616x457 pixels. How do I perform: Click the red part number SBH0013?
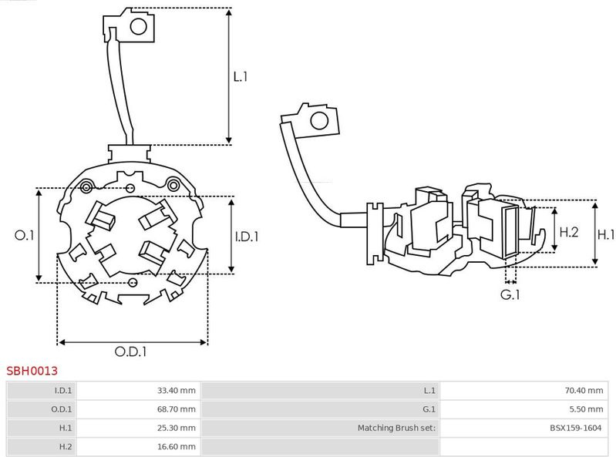[x=32, y=371]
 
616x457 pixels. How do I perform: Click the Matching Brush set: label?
[x=396, y=428]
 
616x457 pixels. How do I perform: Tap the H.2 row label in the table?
[x=66, y=446]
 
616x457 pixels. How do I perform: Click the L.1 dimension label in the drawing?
[x=241, y=76]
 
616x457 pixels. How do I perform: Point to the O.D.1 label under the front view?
[x=130, y=351]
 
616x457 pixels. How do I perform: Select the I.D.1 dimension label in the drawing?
[x=247, y=237]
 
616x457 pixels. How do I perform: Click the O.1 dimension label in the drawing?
[x=25, y=235]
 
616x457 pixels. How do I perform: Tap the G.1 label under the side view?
[x=510, y=294]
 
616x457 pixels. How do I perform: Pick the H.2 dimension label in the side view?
[x=569, y=232]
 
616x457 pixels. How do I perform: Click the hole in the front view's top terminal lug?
[x=138, y=27]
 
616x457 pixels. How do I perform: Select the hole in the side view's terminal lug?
[x=319, y=120]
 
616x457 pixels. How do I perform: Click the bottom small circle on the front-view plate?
[x=133, y=282]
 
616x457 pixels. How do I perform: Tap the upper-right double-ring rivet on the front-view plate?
[x=173, y=184]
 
